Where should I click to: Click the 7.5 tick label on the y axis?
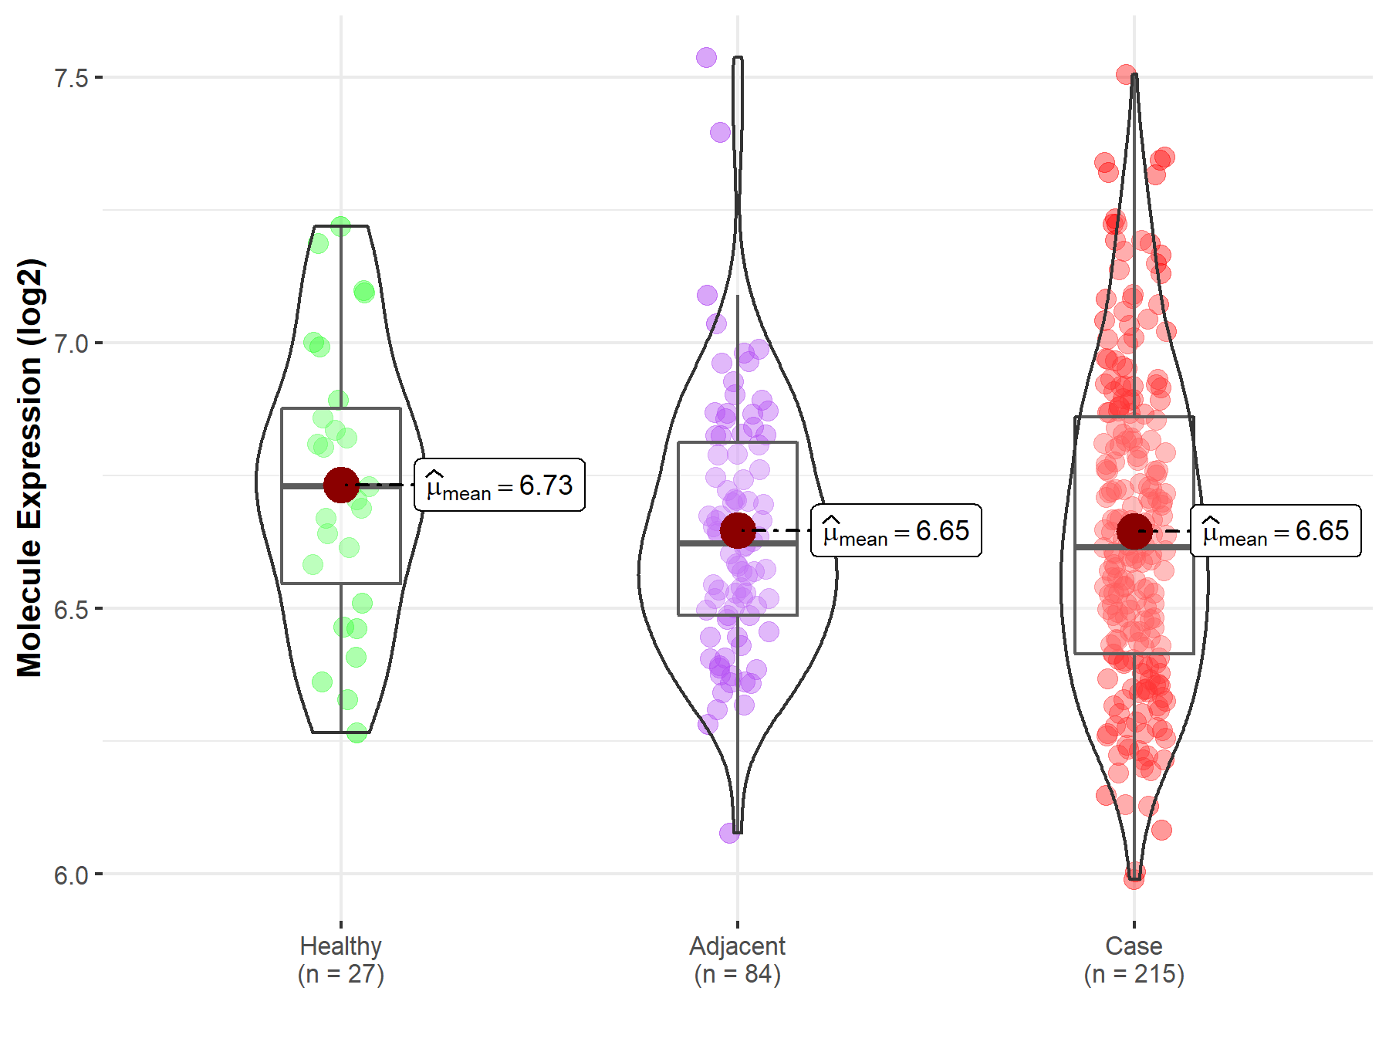tap(71, 78)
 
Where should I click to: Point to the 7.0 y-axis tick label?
tap(71, 343)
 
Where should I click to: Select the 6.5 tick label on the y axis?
tap(71, 609)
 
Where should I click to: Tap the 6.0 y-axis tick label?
tap(71, 875)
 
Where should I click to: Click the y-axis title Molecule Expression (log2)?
tap(29, 468)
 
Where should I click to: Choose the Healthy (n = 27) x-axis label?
tap(341, 959)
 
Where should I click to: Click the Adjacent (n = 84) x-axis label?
tap(738, 959)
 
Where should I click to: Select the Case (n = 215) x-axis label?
tap(1134, 959)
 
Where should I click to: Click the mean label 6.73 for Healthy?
tap(499, 485)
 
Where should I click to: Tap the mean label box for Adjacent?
tap(896, 531)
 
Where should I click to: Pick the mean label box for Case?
tap(1276, 531)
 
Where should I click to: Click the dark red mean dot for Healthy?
tap(341, 485)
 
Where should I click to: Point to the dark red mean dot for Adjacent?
tap(738, 530)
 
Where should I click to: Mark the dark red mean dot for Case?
tap(1134, 531)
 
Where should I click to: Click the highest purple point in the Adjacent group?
tap(706, 57)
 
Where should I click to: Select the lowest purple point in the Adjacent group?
tap(729, 833)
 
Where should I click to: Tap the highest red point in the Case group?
tap(1126, 74)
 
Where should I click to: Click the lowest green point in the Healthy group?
tap(357, 732)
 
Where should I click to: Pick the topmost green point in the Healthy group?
tap(340, 226)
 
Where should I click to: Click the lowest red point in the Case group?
tap(1134, 878)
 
